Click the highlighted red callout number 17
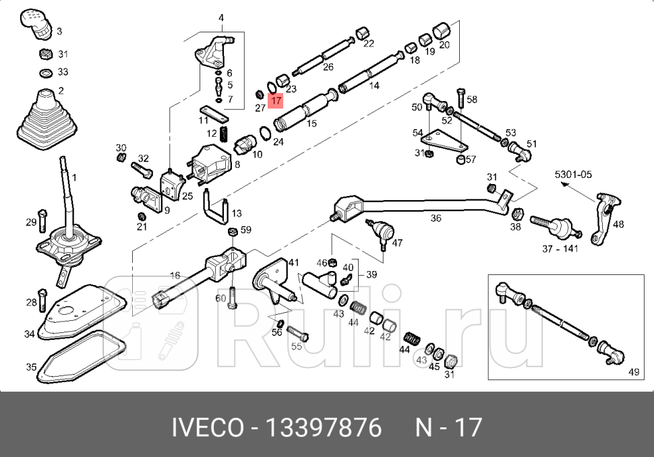click(276, 102)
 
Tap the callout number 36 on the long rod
click(436, 218)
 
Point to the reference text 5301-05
click(573, 175)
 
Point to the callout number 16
click(175, 275)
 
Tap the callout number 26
click(328, 66)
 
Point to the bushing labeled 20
click(442, 31)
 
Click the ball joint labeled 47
click(381, 231)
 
